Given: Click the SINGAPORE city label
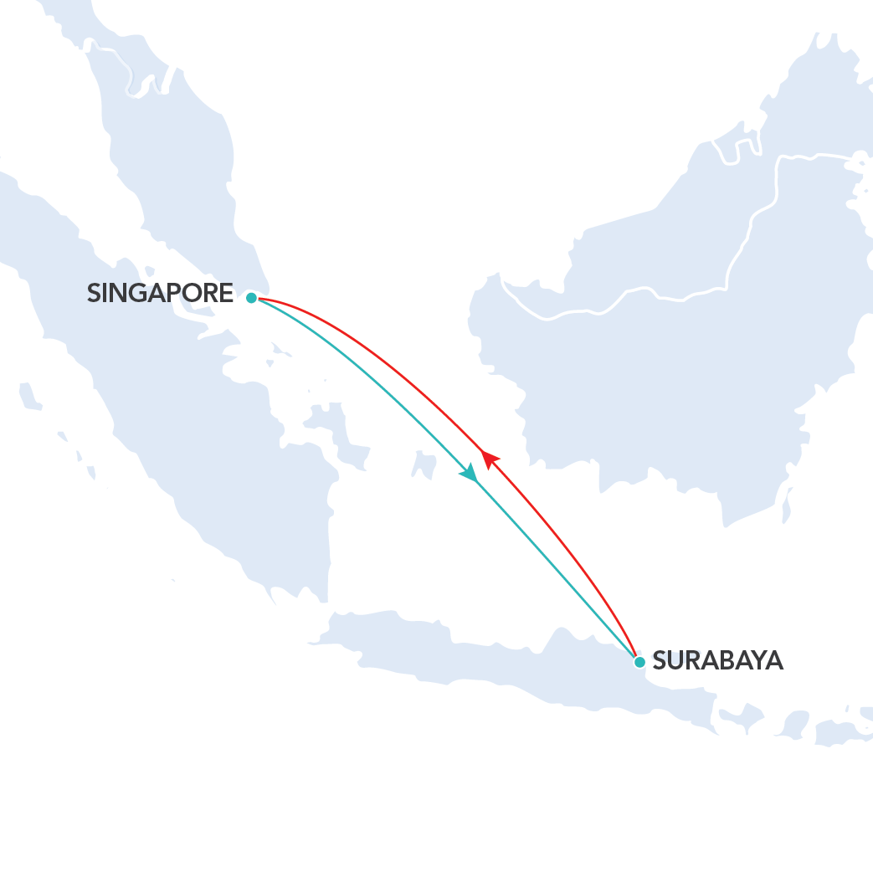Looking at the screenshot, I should (160, 293).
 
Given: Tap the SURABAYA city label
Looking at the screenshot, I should (717, 660).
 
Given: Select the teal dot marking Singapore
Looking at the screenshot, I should (251, 297).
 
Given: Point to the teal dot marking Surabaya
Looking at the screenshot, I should (639, 662).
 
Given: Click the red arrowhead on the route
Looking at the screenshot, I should (490, 458).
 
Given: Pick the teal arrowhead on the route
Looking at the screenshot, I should (470, 474).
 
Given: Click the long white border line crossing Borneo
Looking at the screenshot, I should (670, 297).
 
